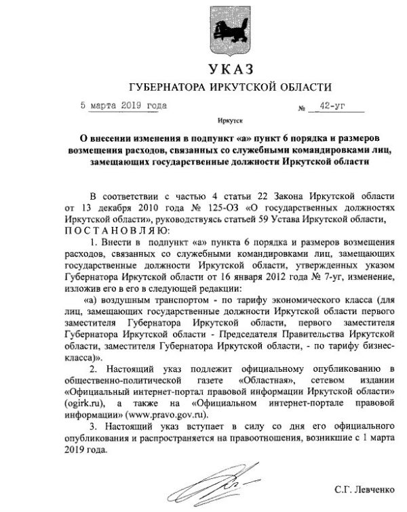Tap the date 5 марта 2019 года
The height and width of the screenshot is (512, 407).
tap(122, 106)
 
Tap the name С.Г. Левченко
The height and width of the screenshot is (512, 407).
tap(362, 488)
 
